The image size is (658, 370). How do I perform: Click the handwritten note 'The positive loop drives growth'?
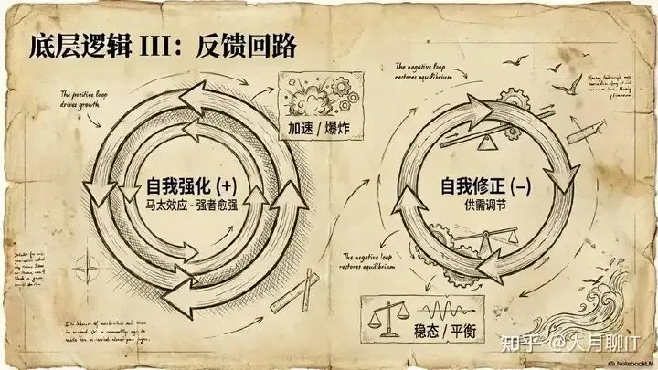pyautogui.click(x=84, y=98)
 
